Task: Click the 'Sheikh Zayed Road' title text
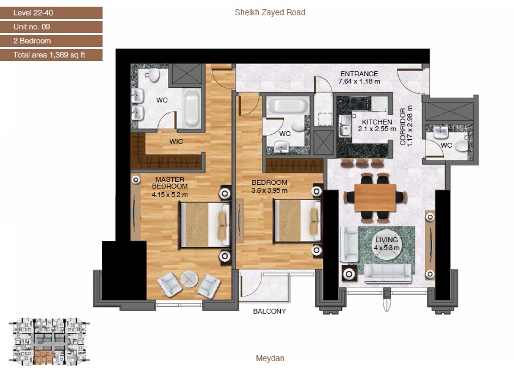pos(270,12)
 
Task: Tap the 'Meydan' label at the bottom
pos(270,359)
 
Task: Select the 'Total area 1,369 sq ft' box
pos(51,55)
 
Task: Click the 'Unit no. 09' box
pos(51,27)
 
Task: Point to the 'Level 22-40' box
pos(51,13)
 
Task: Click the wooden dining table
pos(375,197)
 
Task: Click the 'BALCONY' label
pos(269,311)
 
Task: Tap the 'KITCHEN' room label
pos(377,122)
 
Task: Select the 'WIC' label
pos(176,142)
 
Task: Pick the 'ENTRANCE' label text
pos(359,74)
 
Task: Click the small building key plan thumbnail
pos(49,342)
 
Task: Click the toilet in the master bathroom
pos(154,75)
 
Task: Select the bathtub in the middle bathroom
pos(287,105)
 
